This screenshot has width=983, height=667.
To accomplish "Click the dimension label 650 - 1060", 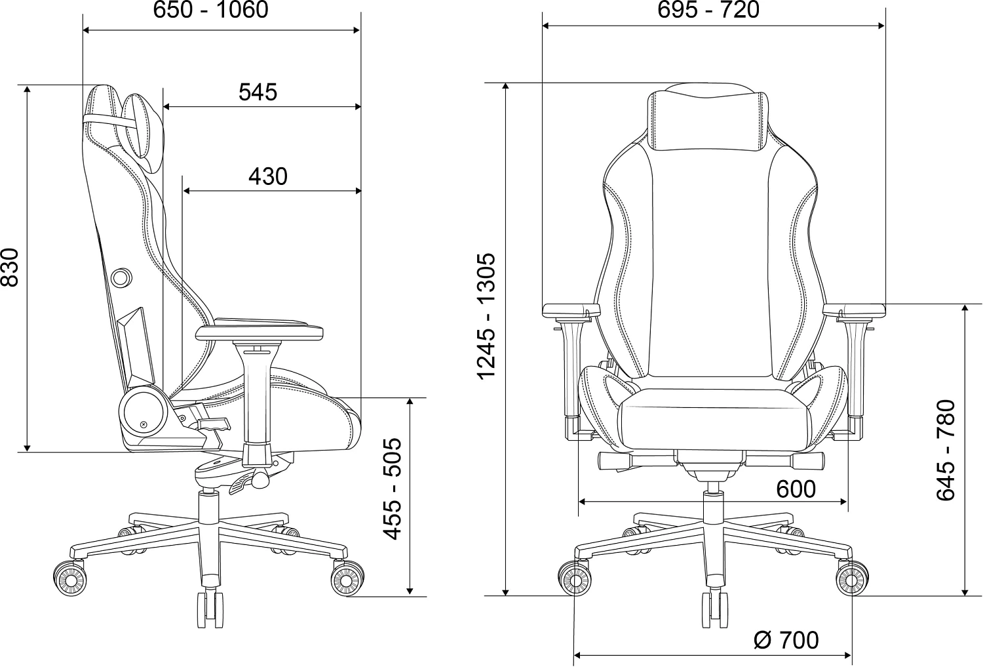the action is click(x=210, y=10).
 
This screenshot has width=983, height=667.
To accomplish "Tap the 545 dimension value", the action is click(x=258, y=92).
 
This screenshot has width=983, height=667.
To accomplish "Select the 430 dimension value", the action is click(x=268, y=176).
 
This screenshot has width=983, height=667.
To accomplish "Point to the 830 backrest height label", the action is click(x=10, y=268).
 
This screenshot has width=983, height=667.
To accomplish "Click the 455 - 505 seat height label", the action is click(x=393, y=489).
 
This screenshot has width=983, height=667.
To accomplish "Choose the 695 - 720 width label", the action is click(x=708, y=10).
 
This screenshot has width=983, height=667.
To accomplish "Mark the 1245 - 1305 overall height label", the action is click(x=487, y=315).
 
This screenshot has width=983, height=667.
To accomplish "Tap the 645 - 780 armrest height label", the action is click(x=946, y=450).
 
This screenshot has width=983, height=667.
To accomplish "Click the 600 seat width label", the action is click(x=796, y=489).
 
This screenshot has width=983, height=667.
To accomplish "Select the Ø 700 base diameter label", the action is click(x=786, y=639).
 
